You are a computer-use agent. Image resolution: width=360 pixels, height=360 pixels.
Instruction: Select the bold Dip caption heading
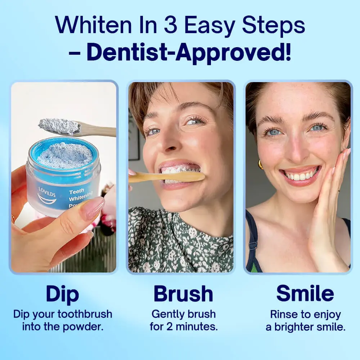pyautogui.click(x=63, y=294)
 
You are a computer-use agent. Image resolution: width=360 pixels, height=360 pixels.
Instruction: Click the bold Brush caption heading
pyautogui.click(x=183, y=294)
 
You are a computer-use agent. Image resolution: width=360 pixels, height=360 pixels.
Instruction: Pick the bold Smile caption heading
pyautogui.click(x=305, y=294)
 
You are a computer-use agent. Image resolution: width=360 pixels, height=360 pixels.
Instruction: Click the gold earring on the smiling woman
pyautogui.click(x=260, y=165)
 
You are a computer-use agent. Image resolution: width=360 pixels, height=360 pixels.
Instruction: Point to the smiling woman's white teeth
pyautogui.click(x=301, y=176)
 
